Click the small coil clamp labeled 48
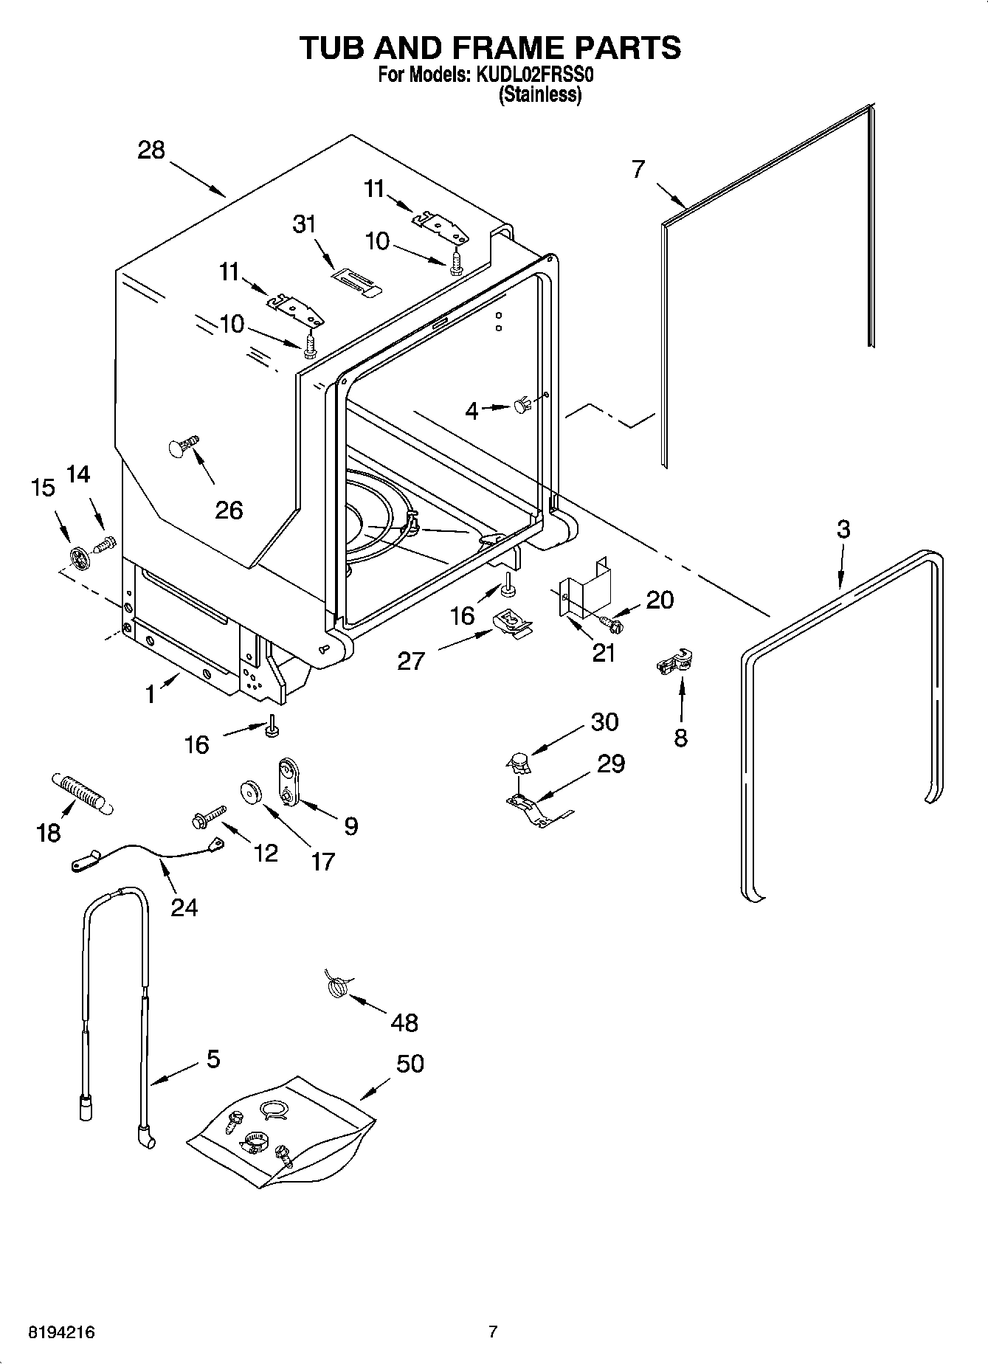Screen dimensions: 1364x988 337,986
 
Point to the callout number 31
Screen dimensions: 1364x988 304,224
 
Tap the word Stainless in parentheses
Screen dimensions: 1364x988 540,94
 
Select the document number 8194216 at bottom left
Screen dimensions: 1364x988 61,1332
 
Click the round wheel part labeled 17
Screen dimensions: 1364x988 252,792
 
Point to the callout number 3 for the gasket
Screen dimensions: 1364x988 843,529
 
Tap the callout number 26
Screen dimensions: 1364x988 229,510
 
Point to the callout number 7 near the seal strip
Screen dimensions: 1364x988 638,169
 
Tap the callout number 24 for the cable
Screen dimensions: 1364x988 184,907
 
